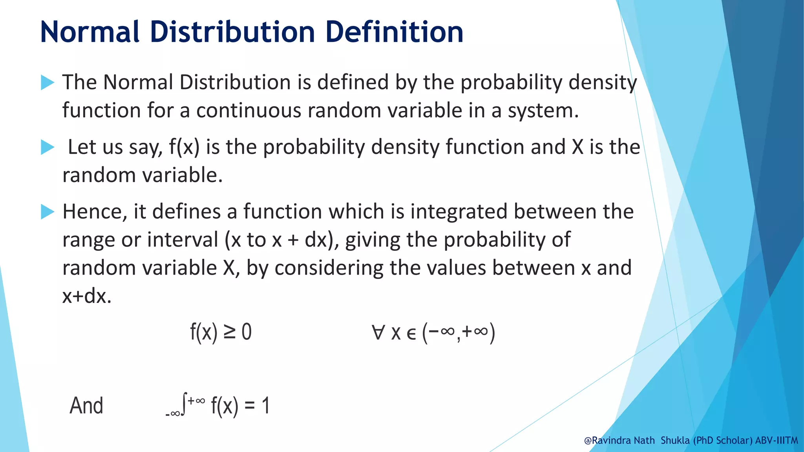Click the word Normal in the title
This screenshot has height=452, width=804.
point(90,32)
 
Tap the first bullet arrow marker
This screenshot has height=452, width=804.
point(48,82)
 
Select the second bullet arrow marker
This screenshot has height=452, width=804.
point(48,148)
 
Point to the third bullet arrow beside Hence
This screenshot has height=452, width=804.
point(48,212)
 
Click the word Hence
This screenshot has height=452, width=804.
point(94,212)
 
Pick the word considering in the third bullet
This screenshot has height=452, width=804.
point(329,268)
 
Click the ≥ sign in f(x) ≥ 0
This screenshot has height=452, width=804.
point(230,332)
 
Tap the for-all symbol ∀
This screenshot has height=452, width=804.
point(378,332)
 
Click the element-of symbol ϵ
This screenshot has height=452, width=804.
point(411,334)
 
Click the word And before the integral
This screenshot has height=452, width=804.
point(86,406)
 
